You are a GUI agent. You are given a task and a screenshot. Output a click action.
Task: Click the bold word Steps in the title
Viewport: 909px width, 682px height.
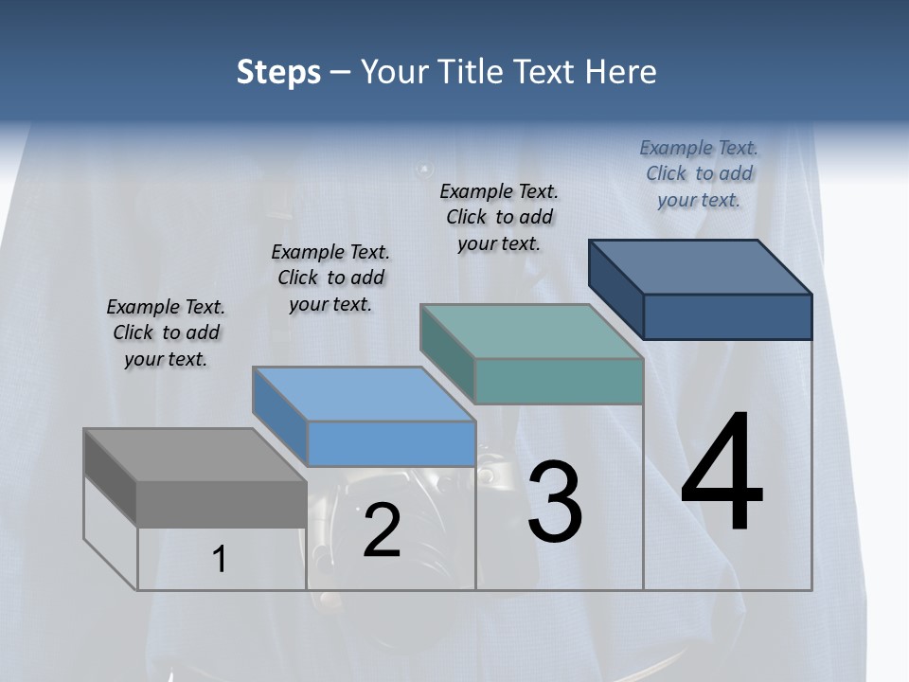coord(278,72)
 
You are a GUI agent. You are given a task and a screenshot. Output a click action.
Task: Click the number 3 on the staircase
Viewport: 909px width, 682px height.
coord(554,501)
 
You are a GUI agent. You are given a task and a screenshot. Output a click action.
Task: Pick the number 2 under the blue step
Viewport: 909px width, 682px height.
coord(382,530)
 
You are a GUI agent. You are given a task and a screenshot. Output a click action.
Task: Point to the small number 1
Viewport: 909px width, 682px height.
coord(220,559)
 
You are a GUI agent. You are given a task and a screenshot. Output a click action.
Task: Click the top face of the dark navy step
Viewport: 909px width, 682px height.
coord(701,266)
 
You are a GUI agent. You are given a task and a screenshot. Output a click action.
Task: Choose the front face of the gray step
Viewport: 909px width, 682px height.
coord(222,503)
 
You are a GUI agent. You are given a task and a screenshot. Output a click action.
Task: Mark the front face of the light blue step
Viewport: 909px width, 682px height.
coord(391,443)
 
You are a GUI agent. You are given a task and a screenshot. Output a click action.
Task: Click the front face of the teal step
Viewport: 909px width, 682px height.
coord(559,381)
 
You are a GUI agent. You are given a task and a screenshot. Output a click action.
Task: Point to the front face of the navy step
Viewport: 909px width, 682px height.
coord(727,316)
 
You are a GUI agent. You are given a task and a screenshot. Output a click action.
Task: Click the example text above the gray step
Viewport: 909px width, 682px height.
coord(166,332)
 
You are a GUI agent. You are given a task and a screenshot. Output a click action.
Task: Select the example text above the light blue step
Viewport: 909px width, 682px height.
coord(330,278)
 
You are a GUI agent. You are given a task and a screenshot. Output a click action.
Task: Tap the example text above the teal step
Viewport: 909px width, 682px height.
coord(499,217)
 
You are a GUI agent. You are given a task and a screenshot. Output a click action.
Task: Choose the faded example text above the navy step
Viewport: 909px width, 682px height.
coord(699,173)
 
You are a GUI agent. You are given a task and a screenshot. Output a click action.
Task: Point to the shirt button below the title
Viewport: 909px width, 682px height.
coord(423,170)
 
